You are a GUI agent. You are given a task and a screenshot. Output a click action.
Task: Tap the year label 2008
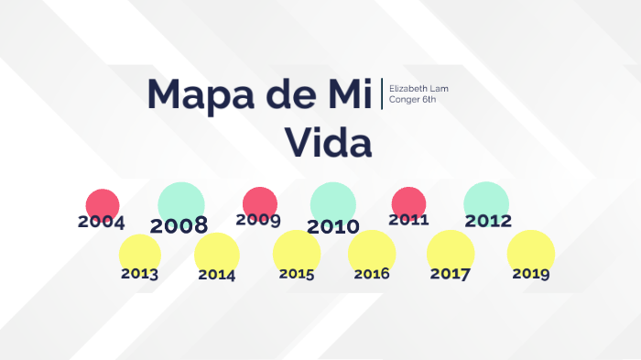179,225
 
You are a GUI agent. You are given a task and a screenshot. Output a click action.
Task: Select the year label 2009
257,220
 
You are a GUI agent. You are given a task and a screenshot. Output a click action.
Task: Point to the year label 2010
333,226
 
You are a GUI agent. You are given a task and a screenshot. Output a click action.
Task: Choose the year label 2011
408,220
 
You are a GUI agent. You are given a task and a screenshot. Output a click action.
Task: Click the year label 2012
488,221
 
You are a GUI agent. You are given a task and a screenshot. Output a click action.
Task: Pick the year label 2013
139,273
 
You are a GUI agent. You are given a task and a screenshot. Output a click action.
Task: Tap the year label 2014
216,274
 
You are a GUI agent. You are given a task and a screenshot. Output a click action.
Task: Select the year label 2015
297,273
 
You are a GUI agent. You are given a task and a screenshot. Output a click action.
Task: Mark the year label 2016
372,273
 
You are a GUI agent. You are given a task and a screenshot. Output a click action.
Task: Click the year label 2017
450,273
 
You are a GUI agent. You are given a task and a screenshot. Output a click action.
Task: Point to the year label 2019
531,273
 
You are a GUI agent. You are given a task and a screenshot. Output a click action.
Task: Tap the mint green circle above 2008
181,201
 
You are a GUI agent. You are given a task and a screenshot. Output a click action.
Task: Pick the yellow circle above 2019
531,249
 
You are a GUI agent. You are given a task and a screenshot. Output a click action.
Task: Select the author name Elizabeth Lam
418,88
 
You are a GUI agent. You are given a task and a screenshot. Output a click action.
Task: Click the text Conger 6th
412,99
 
